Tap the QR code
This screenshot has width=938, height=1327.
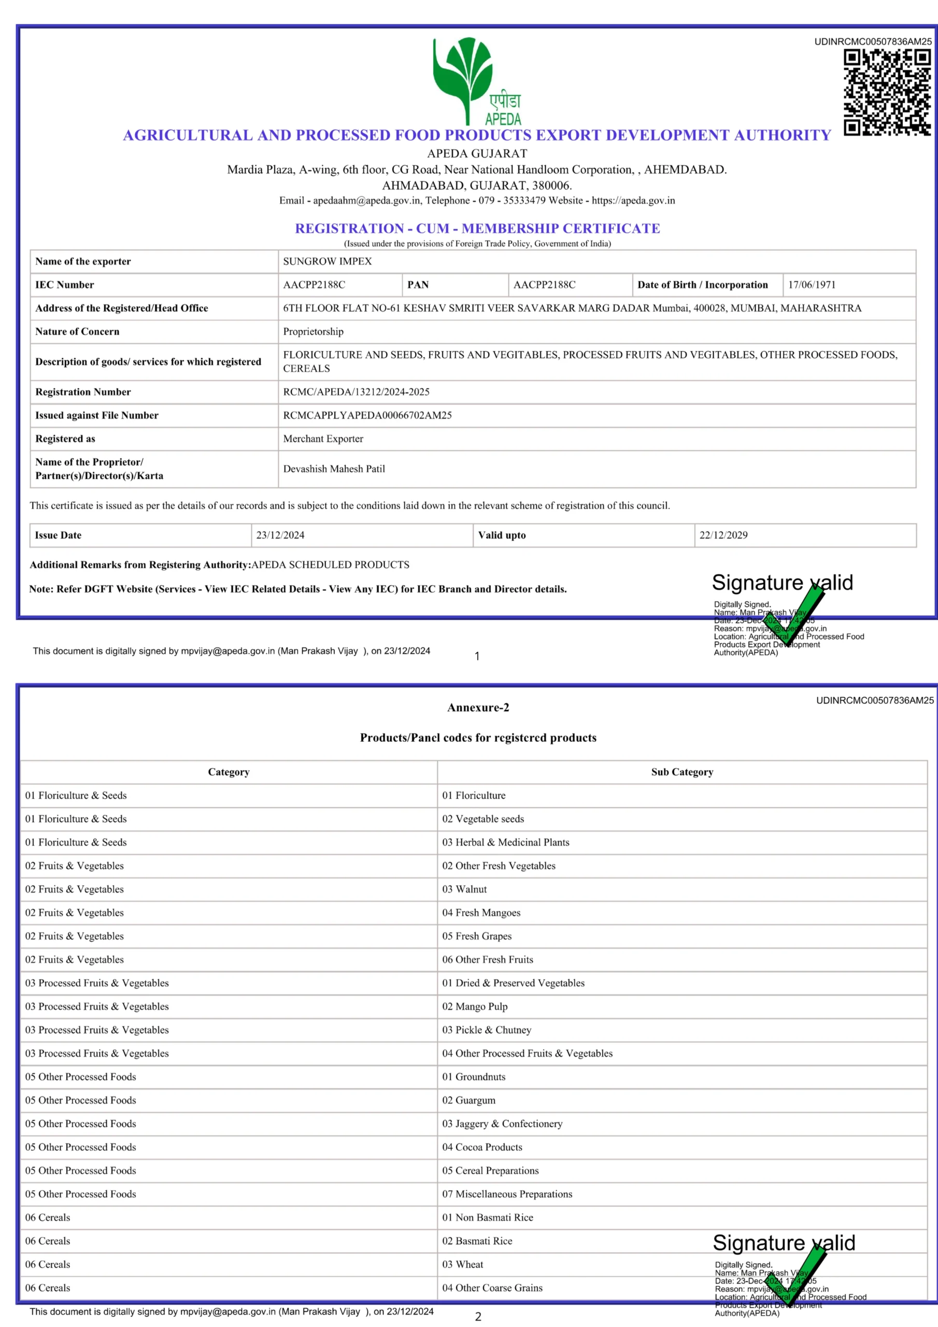pos(887,92)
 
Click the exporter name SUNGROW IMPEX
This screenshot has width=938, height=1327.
pos(327,261)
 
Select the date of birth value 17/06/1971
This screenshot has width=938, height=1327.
pos(812,285)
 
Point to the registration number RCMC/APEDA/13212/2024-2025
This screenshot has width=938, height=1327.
pos(356,392)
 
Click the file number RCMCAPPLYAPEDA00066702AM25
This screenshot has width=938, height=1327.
pos(367,416)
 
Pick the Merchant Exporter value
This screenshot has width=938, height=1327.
pos(323,439)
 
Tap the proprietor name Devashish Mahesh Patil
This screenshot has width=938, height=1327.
pos(334,469)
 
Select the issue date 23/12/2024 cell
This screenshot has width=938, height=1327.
pos(280,535)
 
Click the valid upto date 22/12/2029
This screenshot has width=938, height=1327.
pos(723,535)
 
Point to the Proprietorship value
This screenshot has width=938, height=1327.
pos(313,332)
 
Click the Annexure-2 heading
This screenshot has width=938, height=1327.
pos(478,708)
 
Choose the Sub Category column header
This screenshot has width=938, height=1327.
pos(682,772)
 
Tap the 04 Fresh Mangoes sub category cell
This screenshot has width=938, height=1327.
pos(481,913)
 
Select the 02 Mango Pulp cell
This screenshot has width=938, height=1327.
pos(475,1006)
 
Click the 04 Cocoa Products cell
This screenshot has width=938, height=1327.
pos(482,1147)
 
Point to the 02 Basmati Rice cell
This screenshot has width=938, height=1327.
pos(477,1241)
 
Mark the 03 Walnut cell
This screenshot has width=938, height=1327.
pos(465,889)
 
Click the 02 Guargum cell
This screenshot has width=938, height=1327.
pos(468,1100)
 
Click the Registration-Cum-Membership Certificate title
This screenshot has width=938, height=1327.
pos(477,228)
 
